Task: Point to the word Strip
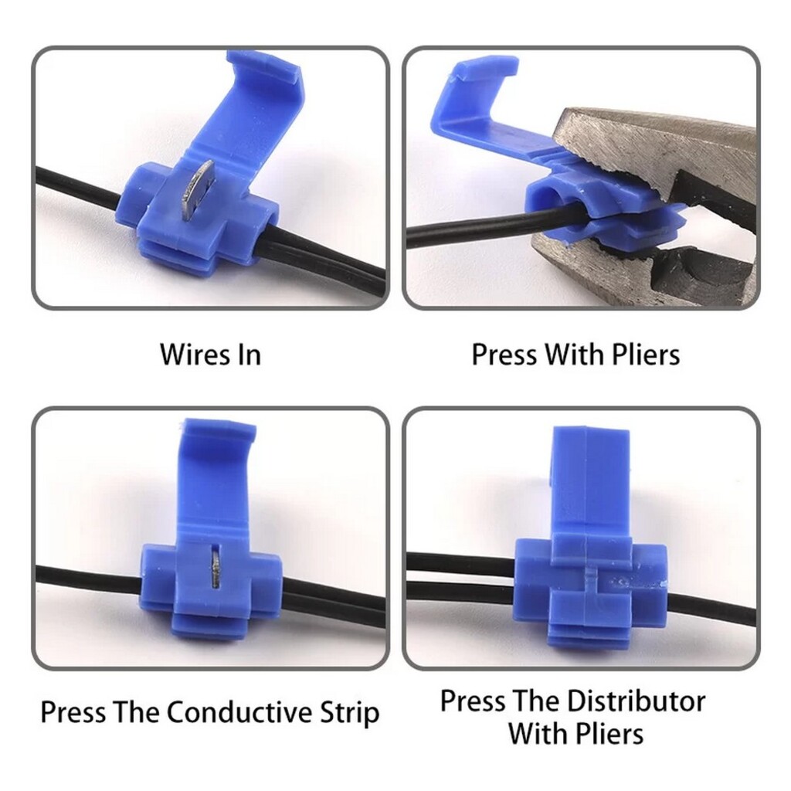click(x=350, y=713)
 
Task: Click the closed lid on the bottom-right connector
click(x=591, y=484)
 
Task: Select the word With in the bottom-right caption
click(x=538, y=734)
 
